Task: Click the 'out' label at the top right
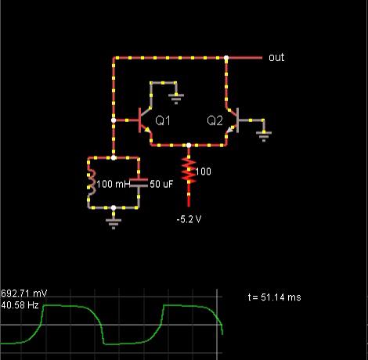point(276,57)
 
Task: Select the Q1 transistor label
point(163,121)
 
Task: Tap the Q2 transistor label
point(215,121)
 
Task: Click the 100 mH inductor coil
point(92,182)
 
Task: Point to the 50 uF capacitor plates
point(139,182)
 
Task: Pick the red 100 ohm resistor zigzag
point(189,171)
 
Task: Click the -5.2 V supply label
point(189,219)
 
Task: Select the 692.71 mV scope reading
point(23,293)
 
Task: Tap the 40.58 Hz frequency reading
point(20,304)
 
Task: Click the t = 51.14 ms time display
point(274,297)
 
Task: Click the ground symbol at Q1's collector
point(176,99)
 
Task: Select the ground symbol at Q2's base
point(264,136)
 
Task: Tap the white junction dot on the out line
point(226,58)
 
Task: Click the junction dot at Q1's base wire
point(114,121)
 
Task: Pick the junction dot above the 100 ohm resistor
point(189,146)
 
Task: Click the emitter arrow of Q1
point(147,130)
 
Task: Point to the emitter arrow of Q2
point(230,130)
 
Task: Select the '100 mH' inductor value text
point(114,184)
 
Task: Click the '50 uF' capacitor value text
point(161,184)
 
